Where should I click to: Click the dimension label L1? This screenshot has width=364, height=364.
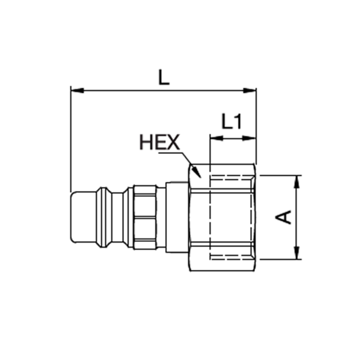tap(232, 122)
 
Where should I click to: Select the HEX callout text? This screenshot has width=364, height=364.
tap(159, 143)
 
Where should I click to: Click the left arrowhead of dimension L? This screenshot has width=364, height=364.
tap(76, 90)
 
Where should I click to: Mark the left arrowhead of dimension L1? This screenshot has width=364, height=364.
tap(215, 138)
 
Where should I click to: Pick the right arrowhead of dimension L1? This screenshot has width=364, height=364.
tap(250, 138)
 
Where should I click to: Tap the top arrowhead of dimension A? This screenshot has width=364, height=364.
tap(298, 181)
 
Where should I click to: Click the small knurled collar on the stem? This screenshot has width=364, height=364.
tap(145, 217)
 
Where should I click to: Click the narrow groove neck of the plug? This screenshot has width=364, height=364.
tap(117, 217)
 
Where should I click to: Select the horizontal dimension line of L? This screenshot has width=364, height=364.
tap(164, 90)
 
